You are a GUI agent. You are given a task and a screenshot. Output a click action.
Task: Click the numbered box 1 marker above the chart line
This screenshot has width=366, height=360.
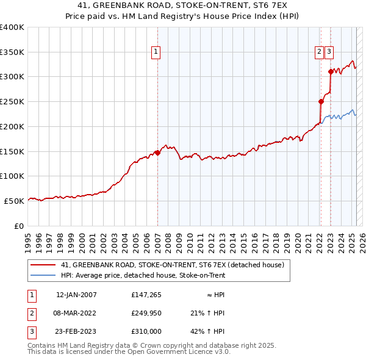coord(156,52)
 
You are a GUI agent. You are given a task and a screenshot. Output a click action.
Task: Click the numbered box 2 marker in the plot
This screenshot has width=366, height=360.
coord(319,52)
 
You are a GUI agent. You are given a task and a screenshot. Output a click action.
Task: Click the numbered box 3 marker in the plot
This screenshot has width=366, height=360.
coord(329,52)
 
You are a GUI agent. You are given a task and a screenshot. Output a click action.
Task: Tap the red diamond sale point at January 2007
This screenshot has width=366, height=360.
coord(157,153)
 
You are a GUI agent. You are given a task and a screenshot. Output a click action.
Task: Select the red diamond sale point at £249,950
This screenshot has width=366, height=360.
coord(320,102)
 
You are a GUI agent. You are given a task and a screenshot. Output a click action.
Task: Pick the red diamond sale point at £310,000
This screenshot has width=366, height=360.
coord(330,72)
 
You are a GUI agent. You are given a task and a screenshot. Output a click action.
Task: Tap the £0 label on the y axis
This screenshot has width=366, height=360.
coord(18,226)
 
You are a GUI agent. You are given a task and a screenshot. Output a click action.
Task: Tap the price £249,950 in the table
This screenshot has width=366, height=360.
coord(146,314)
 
